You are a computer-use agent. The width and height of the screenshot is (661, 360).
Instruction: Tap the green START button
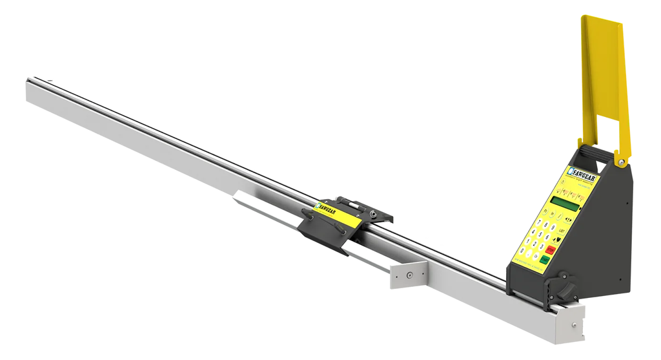544,259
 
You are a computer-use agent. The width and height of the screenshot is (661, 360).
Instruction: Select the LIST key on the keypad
562,231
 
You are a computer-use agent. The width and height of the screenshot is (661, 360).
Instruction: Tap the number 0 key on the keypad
522,251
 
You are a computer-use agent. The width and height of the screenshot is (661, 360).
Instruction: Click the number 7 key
538,222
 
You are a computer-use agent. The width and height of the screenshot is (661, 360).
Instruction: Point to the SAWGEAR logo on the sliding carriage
328,207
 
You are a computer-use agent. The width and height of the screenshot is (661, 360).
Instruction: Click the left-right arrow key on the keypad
569,220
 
